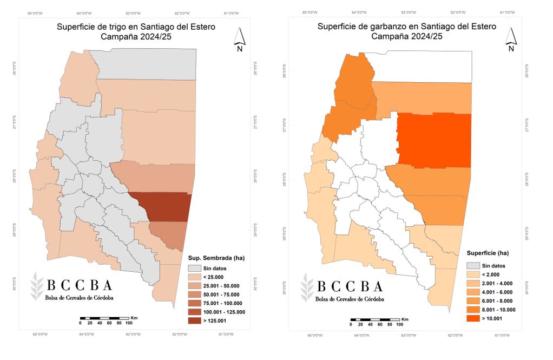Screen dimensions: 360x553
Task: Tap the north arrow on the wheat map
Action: [x=240, y=38]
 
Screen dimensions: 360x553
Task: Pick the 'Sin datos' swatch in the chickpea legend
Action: [x=474, y=266]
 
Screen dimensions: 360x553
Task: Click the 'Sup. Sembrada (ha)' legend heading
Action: [x=216, y=258]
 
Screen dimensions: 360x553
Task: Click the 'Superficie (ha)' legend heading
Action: [x=488, y=253]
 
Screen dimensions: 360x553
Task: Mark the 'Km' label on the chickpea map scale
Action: [x=405, y=319]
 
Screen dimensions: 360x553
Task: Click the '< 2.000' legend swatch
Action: [x=474, y=274]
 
